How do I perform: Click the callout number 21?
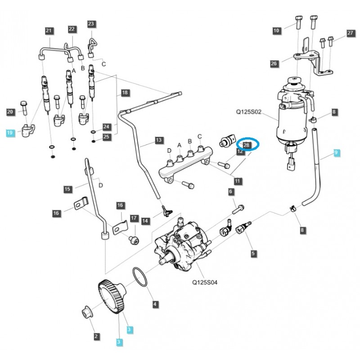coord(49,31)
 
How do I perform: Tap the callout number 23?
coord(91,24)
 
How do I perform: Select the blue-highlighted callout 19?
coord(10,132)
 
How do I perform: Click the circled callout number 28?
coord(247,144)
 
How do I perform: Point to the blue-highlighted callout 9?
coord(337,153)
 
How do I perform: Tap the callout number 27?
coord(351,33)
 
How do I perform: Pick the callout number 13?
coord(158,140)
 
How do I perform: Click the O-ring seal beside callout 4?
coord(140,277)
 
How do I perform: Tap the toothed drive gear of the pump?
coord(110,297)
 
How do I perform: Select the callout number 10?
coord(276,31)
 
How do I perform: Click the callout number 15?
coord(67,189)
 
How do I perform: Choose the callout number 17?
coord(134,218)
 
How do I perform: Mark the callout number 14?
coord(145,221)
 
